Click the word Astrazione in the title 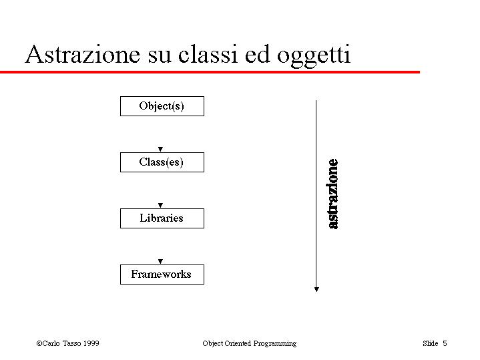coord(83,54)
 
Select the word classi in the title coord(208,54)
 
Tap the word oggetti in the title coord(314,56)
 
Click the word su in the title coord(159,57)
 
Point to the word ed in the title coord(258,54)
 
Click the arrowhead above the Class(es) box coord(160,149)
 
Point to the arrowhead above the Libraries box coord(160,205)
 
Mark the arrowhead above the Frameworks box coord(160,261)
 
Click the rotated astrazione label coord(333,194)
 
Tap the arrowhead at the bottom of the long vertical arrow coord(316,289)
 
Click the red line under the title coord(210,72)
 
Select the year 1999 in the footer coord(91,343)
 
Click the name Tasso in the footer coord(71,343)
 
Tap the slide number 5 coord(445,343)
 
